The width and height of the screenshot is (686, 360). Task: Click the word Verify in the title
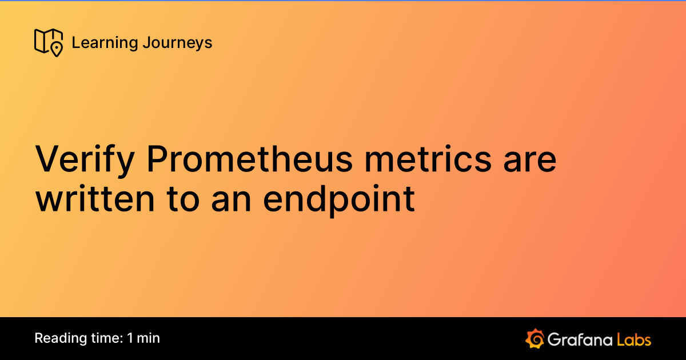tap(85, 160)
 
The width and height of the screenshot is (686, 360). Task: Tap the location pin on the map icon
tap(56, 50)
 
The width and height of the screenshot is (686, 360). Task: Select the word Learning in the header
tap(102, 43)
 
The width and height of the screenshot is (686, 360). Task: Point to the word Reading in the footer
tap(57, 338)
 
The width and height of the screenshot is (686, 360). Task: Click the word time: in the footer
tap(103, 338)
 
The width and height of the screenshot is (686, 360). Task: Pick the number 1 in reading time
tap(131, 338)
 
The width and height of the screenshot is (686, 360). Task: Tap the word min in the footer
tap(149, 338)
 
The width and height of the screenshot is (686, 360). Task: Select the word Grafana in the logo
tap(579, 339)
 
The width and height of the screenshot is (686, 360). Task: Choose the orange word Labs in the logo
tap(634, 339)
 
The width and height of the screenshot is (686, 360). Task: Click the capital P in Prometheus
tap(156, 160)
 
